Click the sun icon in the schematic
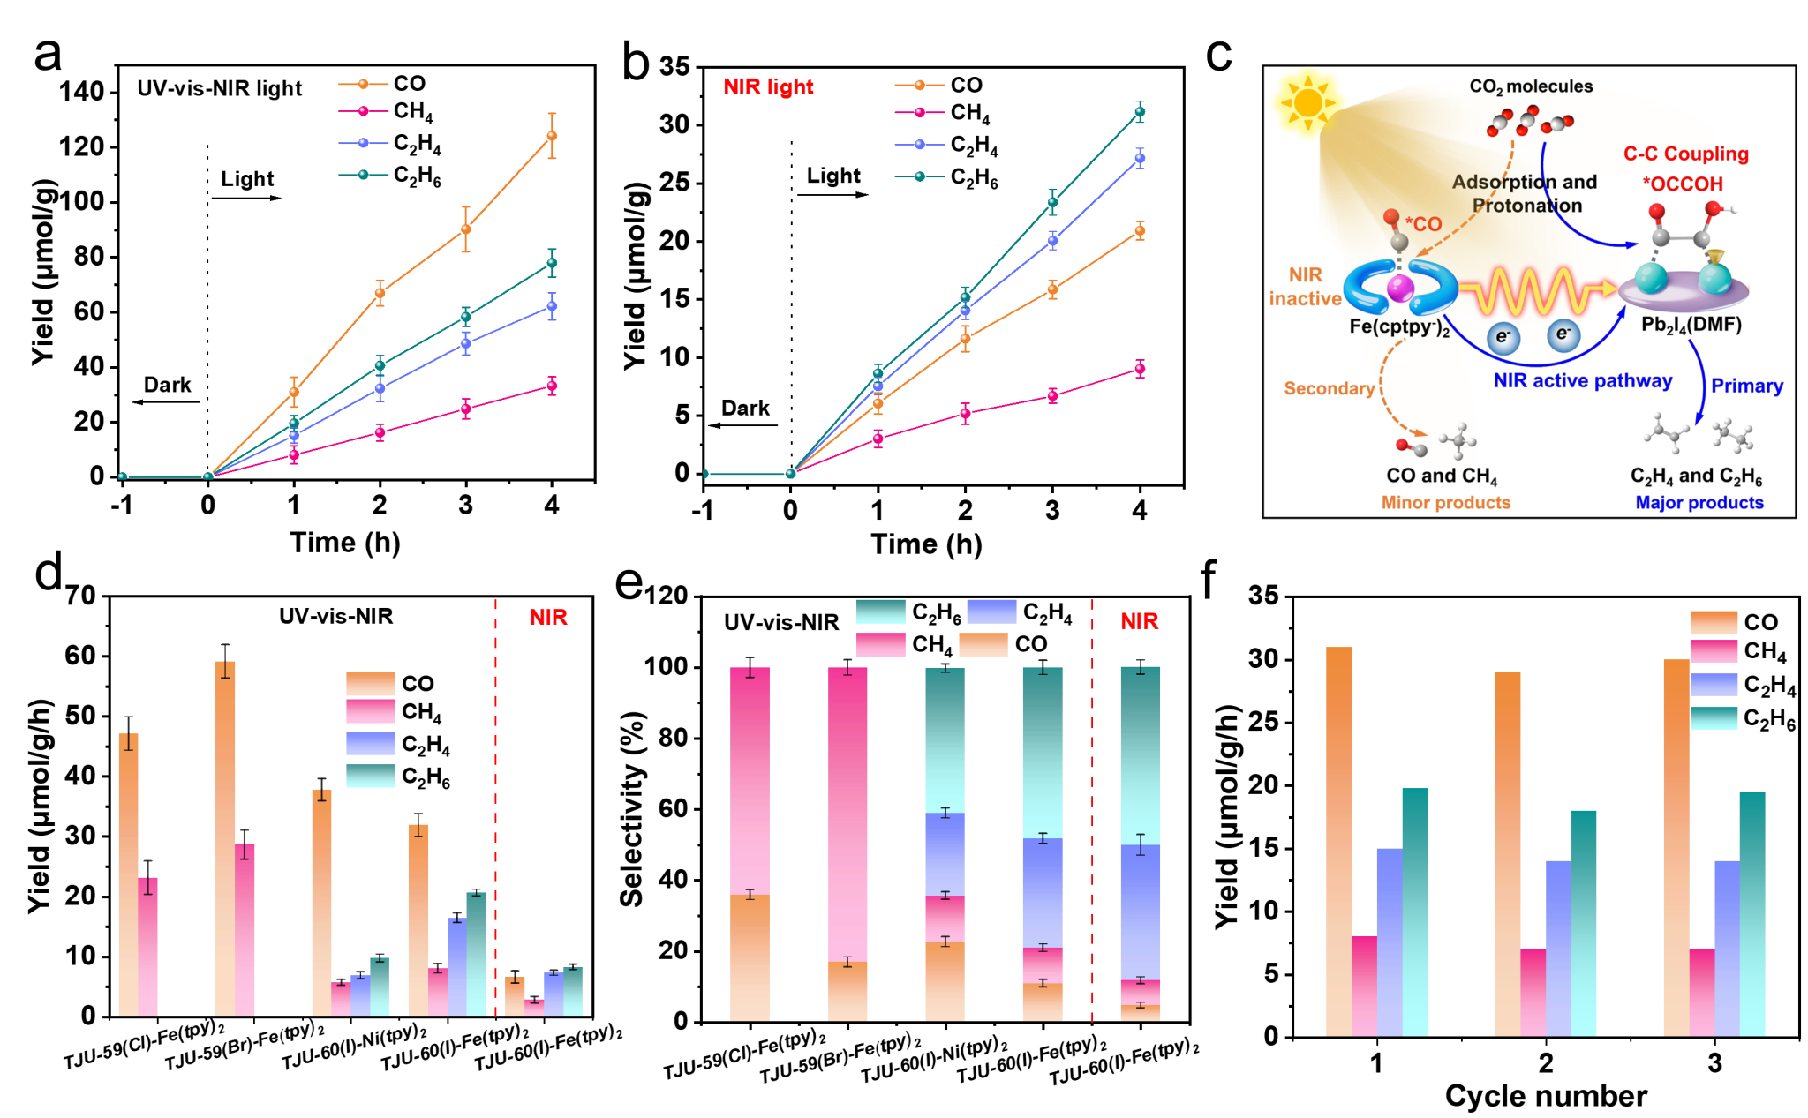point(1307,103)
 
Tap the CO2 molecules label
point(1531,86)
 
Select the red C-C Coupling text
point(1685,154)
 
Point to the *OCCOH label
point(1683,184)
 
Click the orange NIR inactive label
point(1305,287)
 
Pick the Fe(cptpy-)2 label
point(1399,327)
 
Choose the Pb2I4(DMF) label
point(1691,325)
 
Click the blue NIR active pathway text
point(1582,381)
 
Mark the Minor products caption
point(1445,503)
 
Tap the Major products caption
point(1699,503)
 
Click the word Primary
point(1746,386)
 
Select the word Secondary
point(1329,388)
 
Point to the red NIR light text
point(768,86)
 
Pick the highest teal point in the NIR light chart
point(1140,111)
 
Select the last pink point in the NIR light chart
point(1140,369)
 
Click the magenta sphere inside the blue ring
point(1399,288)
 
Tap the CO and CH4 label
point(1442,476)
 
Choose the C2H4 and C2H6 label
point(1696,476)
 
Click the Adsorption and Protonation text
point(1525,193)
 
